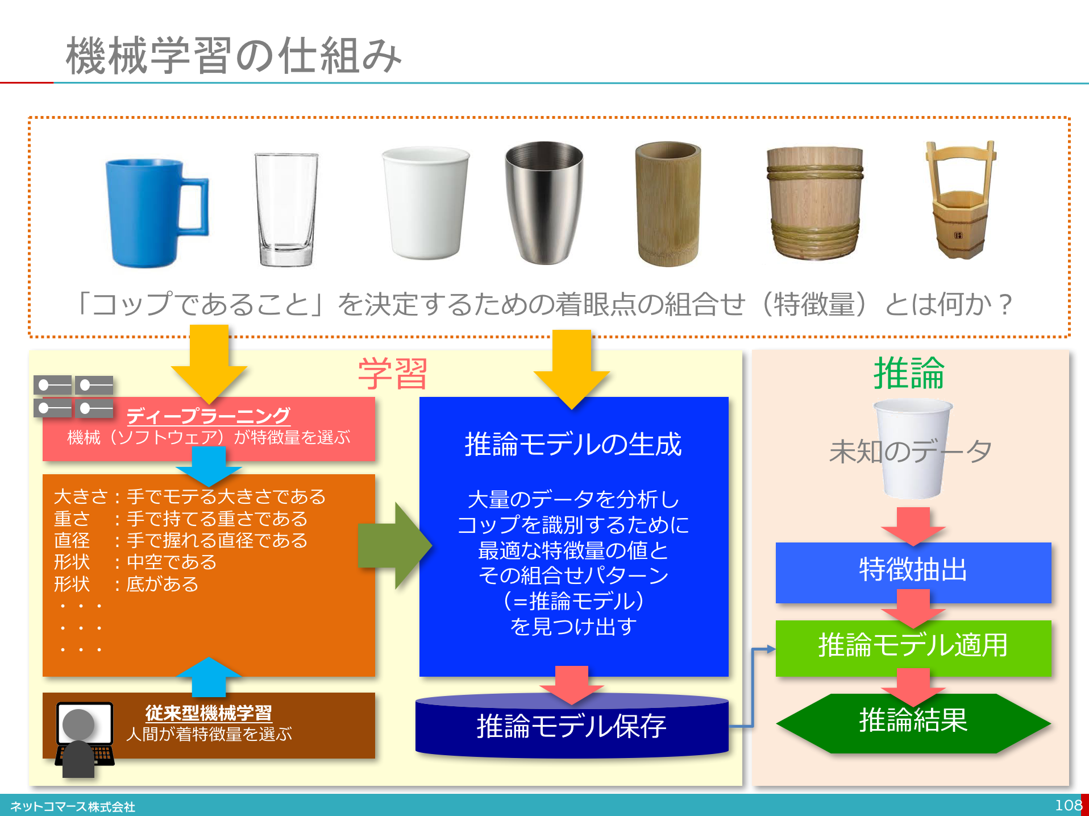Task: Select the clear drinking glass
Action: (x=286, y=209)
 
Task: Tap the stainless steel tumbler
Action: (x=544, y=202)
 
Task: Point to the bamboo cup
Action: (x=668, y=204)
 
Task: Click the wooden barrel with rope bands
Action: (x=814, y=203)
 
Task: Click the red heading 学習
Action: (x=393, y=374)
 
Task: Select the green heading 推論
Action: (x=909, y=373)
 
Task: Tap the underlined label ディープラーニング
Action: (x=208, y=416)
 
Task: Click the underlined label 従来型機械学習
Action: (x=209, y=713)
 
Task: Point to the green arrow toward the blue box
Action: (x=395, y=545)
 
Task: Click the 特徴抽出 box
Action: (x=913, y=572)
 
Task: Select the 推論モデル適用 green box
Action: (x=913, y=647)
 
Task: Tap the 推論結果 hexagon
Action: (x=913, y=723)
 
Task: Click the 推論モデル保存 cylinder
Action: (x=572, y=726)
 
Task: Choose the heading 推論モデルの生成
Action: (x=573, y=444)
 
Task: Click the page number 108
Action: (x=1069, y=805)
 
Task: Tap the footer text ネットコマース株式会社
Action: (x=73, y=807)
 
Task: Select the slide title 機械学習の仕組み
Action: (x=234, y=55)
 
